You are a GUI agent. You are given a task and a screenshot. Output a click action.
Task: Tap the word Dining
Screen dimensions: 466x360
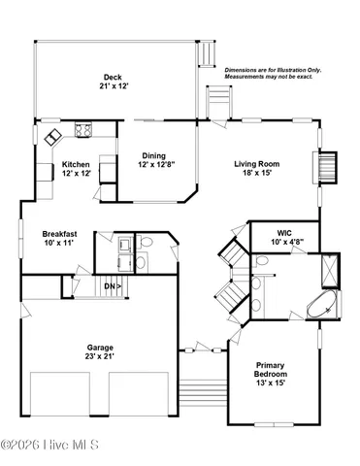pyautogui.click(x=152, y=155)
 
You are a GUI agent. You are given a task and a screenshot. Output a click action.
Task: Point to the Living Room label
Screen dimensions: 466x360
pyautogui.click(x=256, y=164)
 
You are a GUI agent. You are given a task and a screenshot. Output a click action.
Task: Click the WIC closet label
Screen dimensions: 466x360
pyautogui.click(x=284, y=234)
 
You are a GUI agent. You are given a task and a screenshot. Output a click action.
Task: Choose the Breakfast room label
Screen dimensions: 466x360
pyautogui.click(x=59, y=234)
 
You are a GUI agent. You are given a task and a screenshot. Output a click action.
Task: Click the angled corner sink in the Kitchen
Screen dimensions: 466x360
pyautogui.click(x=49, y=134)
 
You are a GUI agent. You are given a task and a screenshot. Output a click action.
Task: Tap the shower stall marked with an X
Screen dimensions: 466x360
pyautogui.click(x=331, y=266)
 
